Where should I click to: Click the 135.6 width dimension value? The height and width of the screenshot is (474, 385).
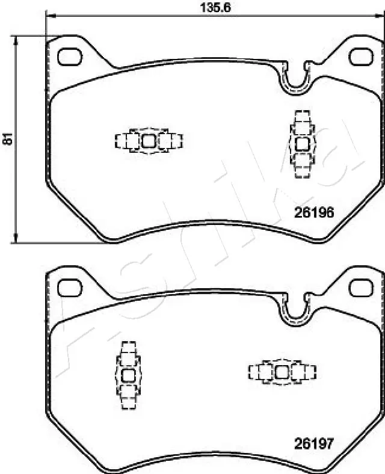(215, 7)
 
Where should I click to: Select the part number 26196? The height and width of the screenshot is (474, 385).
(313, 212)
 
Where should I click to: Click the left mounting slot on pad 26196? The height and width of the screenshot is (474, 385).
(70, 57)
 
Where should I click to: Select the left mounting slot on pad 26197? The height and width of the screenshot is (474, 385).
(70, 286)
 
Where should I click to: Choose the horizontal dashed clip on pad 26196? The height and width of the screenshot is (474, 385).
(149, 141)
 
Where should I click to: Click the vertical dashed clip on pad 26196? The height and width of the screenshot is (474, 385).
(301, 144)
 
